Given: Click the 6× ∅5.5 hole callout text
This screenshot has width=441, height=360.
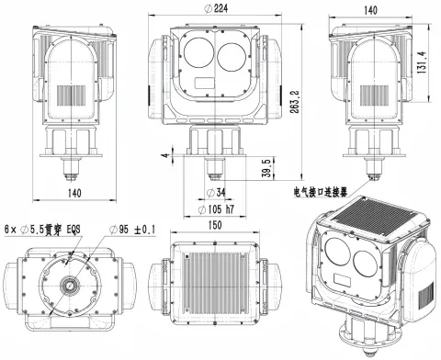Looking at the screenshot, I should pos(41,229).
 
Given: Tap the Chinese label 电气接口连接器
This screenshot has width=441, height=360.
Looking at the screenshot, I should pos(319,194).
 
